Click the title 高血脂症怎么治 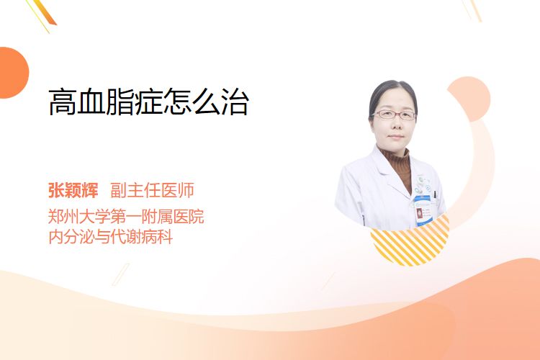(149, 102)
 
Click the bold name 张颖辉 (73, 190)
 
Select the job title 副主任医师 (152, 190)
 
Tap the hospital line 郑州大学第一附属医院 (126, 216)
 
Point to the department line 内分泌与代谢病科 (111, 237)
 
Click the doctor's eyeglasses (394, 114)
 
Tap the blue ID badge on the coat (423, 210)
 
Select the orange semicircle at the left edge (14, 73)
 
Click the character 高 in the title (63, 102)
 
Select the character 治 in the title (235, 102)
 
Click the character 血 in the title (91, 102)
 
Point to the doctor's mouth (395, 137)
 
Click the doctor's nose (395, 125)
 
